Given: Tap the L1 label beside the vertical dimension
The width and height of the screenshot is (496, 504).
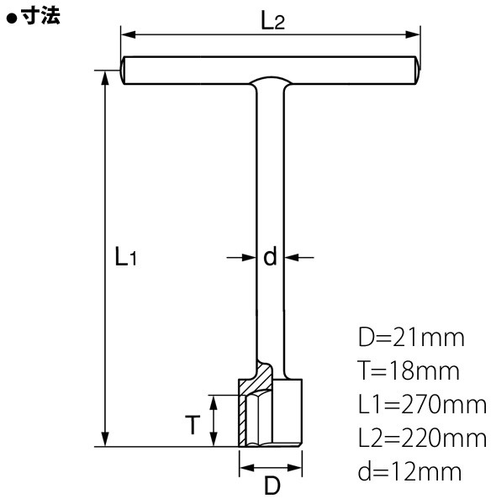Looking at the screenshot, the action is [x=126, y=256].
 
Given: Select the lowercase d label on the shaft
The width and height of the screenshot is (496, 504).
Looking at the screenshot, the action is [x=270, y=256].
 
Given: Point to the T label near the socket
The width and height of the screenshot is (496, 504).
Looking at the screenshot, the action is [x=193, y=424].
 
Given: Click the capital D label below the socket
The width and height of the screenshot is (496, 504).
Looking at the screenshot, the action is [x=272, y=485].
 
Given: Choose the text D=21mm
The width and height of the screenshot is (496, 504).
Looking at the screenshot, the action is [x=411, y=338].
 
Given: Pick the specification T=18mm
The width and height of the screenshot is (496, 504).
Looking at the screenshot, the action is [x=409, y=370].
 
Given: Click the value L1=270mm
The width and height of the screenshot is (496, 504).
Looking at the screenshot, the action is [x=422, y=404].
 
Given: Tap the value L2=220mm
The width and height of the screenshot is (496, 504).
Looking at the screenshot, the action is [x=422, y=438].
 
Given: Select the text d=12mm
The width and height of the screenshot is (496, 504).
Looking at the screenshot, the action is [x=409, y=471].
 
